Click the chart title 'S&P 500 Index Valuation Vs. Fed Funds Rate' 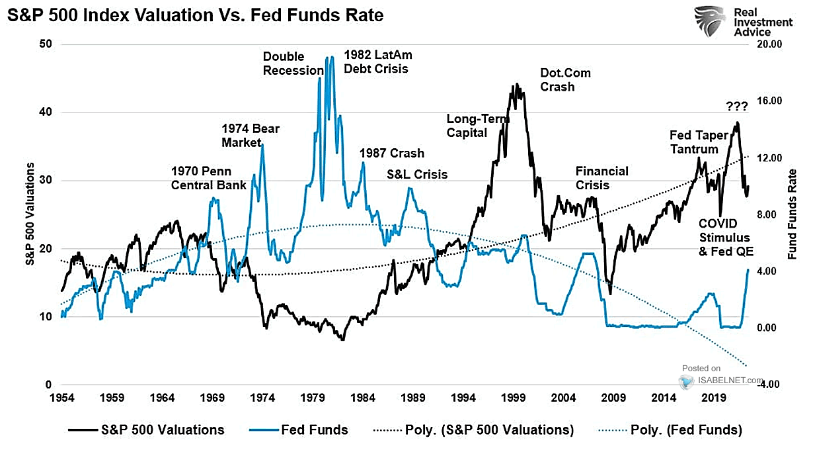[195, 15]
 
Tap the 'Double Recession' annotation [293, 64]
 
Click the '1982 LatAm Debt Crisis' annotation [377, 62]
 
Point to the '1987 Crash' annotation [391, 154]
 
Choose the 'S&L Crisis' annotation [417, 175]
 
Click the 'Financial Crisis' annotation [601, 178]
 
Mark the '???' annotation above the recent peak [736, 106]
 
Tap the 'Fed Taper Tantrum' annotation [699, 142]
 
